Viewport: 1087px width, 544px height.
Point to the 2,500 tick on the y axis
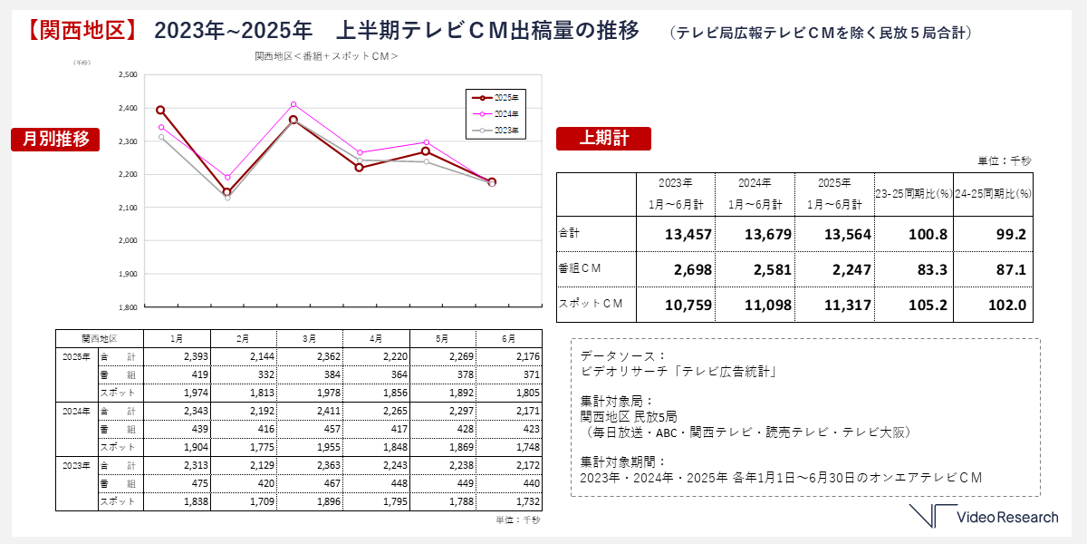pyautogui.click(x=128, y=75)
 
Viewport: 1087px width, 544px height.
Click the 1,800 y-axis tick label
pyautogui.click(x=128, y=307)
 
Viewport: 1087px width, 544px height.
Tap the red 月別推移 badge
pyautogui.click(x=55, y=139)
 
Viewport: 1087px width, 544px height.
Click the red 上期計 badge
pyautogui.click(x=603, y=138)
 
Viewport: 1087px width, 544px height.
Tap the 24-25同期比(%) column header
pyautogui.click(x=994, y=193)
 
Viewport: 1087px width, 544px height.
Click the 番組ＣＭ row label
pyautogui.click(x=581, y=268)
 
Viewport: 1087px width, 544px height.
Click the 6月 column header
pyautogui.click(x=508, y=338)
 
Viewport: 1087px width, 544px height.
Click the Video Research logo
pyautogui.click(x=984, y=517)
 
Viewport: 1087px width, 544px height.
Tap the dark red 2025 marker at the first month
pyautogui.click(x=160, y=110)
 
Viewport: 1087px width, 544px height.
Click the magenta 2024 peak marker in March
pyautogui.click(x=293, y=104)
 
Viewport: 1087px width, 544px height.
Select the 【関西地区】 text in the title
pyautogui.click(x=78, y=30)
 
